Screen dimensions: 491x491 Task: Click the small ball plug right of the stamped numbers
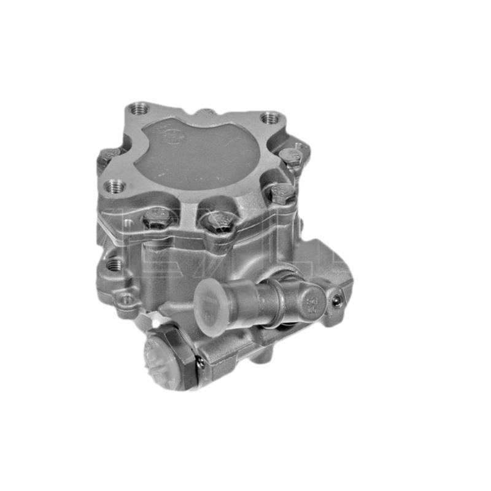pos(336,300)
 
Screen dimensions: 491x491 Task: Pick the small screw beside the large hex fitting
pos(201,362)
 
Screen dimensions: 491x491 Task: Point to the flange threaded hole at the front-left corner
pos(114,185)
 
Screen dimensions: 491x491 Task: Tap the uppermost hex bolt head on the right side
pos(290,156)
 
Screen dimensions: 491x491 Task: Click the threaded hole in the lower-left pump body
pos(114,265)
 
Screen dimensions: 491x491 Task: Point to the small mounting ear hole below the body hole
pos(126,300)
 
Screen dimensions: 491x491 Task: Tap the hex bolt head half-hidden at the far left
pos(110,154)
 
